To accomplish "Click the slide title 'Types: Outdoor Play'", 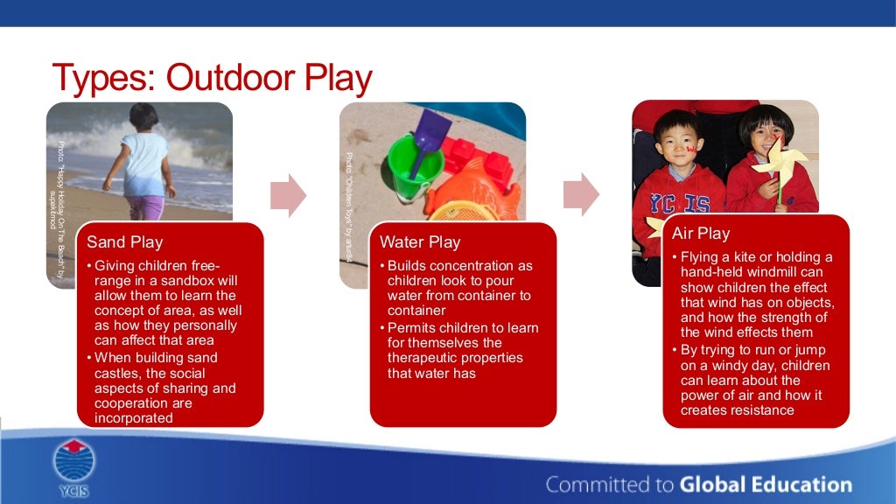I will (x=212, y=78).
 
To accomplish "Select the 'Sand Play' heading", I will (x=125, y=242).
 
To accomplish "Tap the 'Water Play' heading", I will (x=420, y=242).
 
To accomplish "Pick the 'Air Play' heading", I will (x=701, y=234).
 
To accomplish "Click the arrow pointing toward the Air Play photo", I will (x=581, y=194).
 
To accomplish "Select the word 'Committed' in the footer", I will (x=593, y=484).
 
